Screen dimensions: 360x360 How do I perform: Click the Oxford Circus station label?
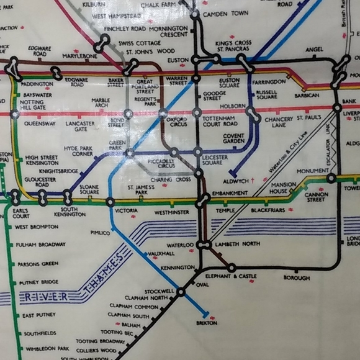(x=176, y=122)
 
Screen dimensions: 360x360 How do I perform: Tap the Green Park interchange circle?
(x=130, y=153)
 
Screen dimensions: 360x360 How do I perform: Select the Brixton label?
(x=207, y=323)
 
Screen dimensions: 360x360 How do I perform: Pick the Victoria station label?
(x=126, y=211)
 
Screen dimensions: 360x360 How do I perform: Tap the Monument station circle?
(x=331, y=178)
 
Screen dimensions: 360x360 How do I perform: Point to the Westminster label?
(x=171, y=212)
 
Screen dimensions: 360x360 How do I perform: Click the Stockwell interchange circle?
(x=181, y=292)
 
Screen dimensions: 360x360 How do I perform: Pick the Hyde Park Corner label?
(x=78, y=151)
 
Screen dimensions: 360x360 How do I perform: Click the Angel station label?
(x=315, y=49)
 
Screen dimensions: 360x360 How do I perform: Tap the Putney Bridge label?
(x=38, y=282)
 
